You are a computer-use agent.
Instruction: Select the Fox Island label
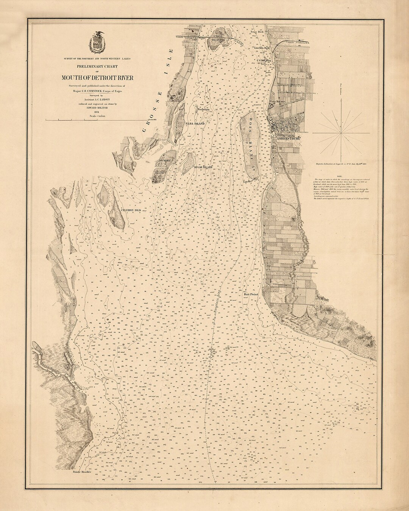pyautogui.click(x=203, y=109)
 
